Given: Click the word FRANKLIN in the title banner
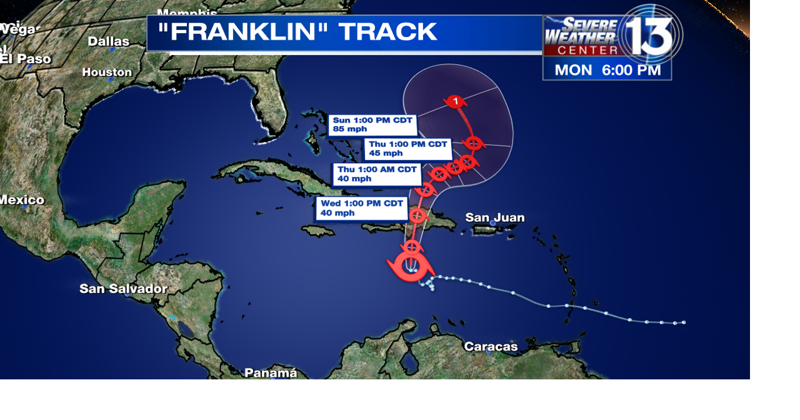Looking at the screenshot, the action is tap(241, 32).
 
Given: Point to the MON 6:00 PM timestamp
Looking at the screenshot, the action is tap(607, 70).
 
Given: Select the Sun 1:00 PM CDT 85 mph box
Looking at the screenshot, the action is tap(372, 124).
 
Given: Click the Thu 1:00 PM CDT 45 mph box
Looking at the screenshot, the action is tap(407, 149).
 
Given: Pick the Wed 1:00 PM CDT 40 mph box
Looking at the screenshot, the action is tap(362, 208).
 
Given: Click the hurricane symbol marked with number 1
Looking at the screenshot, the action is tap(456, 101).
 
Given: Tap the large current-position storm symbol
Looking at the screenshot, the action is tap(411, 266).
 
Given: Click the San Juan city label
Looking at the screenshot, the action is tap(494, 217).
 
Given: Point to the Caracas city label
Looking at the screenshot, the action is tap(491, 346).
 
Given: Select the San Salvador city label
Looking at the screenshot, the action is tap(123, 289).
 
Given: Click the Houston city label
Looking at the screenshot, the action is tap(107, 72).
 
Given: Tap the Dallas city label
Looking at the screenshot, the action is tap(108, 41).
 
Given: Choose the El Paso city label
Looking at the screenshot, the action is tap(26, 59).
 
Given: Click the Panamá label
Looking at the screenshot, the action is tap(271, 372).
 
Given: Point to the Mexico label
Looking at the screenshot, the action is tap(22, 200).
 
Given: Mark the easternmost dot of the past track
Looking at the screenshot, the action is tap(683, 322).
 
